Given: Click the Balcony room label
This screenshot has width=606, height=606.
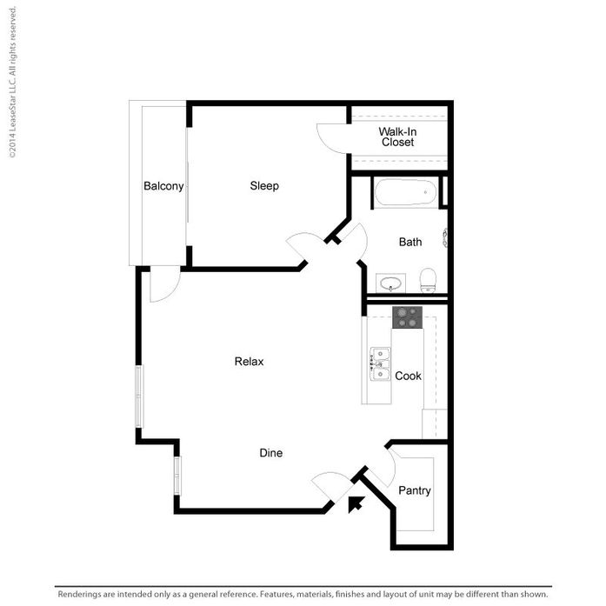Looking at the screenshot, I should [x=163, y=186].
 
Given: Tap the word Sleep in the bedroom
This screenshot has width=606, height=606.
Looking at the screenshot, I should [x=264, y=186].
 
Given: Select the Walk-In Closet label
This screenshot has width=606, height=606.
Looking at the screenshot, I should [x=397, y=137].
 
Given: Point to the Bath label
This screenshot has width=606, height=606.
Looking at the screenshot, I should [x=410, y=242].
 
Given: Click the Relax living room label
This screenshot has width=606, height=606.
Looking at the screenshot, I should [x=249, y=362].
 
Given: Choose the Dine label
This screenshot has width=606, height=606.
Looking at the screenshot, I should [x=271, y=453].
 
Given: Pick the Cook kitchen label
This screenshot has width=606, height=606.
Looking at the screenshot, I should [x=409, y=376].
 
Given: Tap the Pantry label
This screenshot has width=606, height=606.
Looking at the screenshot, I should [x=415, y=490].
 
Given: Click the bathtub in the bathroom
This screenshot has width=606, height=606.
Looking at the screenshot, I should [x=405, y=191].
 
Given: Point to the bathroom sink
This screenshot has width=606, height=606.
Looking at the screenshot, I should [x=390, y=283].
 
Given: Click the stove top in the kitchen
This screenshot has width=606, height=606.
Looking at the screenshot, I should [x=407, y=317].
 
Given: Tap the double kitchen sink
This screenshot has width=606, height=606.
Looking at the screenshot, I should [x=381, y=364].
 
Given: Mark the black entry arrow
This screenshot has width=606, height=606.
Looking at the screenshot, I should [x=355, y=505].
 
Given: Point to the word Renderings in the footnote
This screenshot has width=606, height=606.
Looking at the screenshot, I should [x=83, y=595].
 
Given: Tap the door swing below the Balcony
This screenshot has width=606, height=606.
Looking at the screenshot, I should [x=164, y=284].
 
